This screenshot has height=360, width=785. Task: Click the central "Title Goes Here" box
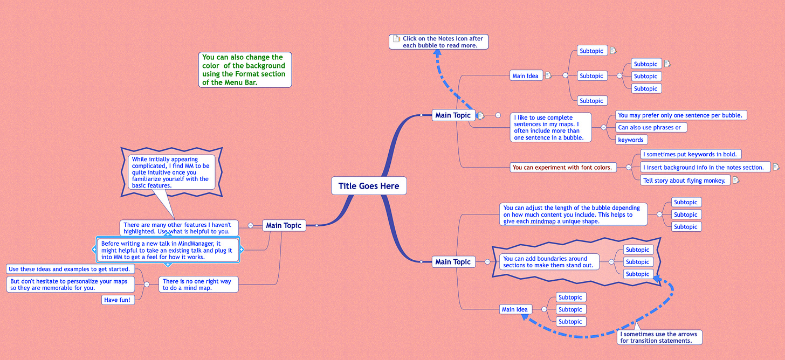[x=369, y=186]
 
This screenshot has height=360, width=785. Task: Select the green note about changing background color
[x=245, y=70]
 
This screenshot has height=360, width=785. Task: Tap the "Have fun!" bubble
[x=118, y=300]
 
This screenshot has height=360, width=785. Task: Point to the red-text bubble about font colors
[x=562, y=167]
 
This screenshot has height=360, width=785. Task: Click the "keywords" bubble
[x=631, y=140]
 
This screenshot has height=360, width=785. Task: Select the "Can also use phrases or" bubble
[x=651, y=128]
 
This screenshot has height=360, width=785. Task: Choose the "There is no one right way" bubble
[x=198, y=285]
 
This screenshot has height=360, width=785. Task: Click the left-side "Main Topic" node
[x=284, y=225]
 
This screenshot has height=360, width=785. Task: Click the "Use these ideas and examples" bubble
[x=70, y=269]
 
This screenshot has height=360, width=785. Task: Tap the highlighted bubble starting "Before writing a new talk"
[x=167, y=250]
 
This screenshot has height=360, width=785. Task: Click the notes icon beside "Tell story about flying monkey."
[x=735, y=180]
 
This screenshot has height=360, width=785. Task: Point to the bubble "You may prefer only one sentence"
[x=680, y=115]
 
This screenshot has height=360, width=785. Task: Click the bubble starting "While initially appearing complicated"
[x=171, y=172]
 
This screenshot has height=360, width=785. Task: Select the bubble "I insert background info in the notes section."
[x=703, y=167]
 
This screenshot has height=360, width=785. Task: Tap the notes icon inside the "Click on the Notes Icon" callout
[x=397, y=39]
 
